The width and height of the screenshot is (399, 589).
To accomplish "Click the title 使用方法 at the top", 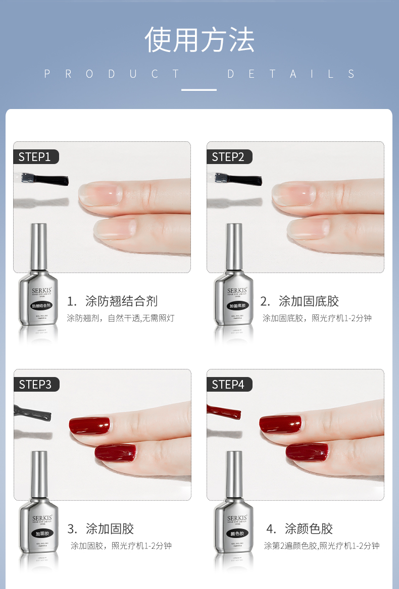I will (199, 40).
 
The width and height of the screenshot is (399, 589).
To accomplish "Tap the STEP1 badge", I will (35, 157).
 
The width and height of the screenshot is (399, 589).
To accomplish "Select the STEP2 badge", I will (228, 157).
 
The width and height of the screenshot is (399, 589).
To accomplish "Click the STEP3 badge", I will (35, 385).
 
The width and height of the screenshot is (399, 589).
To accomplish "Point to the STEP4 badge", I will (228, 385).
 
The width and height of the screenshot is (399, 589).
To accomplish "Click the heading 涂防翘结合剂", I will (121, 301).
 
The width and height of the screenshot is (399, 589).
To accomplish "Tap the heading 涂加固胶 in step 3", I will (110, 529).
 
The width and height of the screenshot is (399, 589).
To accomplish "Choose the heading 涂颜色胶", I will (309, 529).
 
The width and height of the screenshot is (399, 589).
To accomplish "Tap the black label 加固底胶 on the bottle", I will (235, 306).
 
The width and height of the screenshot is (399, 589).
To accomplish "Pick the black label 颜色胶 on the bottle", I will (235, 533).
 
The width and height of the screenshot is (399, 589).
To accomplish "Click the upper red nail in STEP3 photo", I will (89, 425).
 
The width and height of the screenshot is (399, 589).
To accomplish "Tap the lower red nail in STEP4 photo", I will (307, 451).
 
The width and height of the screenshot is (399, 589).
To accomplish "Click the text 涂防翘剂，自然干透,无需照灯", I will (121, 318).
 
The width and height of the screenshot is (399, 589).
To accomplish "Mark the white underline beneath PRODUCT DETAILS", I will (199, 90).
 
